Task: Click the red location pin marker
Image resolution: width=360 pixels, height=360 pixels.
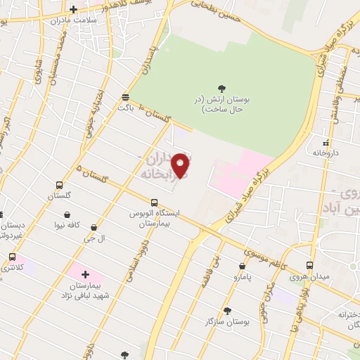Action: (181, 166)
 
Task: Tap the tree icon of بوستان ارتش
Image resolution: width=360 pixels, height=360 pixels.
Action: (222, 89)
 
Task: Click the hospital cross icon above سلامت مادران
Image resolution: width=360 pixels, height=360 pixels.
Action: (74, 9)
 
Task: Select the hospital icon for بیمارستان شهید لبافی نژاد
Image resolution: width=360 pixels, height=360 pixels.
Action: (86, 274)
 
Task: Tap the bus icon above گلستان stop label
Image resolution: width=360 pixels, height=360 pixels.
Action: (60, 186)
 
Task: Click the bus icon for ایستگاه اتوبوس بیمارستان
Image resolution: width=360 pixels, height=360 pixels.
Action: (154, 202)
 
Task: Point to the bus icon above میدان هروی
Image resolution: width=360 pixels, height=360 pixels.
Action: (310, 265)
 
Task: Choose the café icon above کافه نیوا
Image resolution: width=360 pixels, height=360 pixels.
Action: (67, 215)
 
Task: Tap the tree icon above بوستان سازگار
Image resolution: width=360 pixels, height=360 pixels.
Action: (227, 310)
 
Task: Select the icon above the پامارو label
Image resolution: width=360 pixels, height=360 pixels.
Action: (242, 266)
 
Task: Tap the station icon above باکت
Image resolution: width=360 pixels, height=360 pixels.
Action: (125, 97)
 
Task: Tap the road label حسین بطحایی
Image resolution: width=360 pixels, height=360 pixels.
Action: (215, 11)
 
